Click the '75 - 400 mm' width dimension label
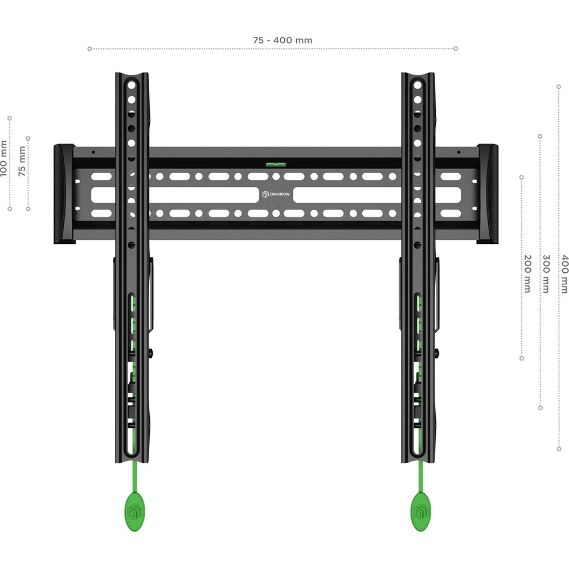click(283, 40)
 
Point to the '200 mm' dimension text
click(527, 273)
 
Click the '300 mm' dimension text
click(545, 273)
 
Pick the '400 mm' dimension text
click(564, 273)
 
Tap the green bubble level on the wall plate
click(275, 163)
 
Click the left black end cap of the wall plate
click(64, 194)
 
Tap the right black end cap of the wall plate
click(488, 194)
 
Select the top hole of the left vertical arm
click(132, 84)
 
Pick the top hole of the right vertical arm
click(417, 84)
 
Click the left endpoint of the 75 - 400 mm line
click(89, 49)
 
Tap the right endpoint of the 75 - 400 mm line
click(456, 49)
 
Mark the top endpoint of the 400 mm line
click(558, 87)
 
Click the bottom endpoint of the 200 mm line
click(522, 358)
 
